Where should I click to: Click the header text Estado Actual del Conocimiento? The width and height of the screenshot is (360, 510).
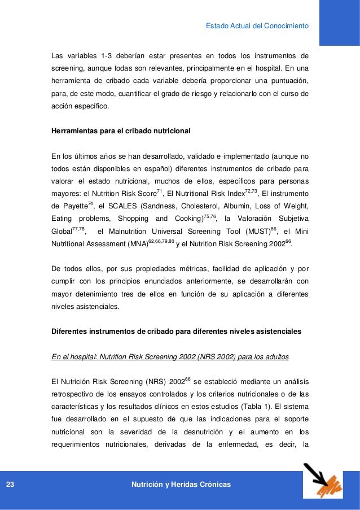point(257,26)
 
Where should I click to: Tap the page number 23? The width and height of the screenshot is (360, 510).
point(11,485)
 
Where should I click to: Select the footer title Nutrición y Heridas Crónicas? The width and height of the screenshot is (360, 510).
point(180,485)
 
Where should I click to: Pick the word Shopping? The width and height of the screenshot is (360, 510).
point(126,219)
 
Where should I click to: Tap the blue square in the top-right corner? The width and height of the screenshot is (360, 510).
point(340,23)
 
